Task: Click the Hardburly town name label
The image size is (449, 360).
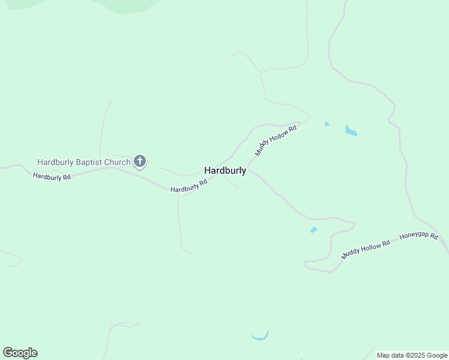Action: point(225,170)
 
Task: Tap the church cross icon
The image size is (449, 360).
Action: point(140,161)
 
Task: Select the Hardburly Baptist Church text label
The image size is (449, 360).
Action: point(83,162)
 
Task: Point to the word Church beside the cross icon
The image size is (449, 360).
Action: point(117,162)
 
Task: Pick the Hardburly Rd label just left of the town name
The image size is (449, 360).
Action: point(188,185)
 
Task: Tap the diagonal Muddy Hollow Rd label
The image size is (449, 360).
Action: point(276,140)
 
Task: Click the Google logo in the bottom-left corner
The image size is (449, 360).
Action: point(20,353)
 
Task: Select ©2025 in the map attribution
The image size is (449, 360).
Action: point(416,355)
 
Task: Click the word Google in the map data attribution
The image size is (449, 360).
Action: point(437,355)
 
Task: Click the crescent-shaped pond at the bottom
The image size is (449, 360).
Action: point(259,337)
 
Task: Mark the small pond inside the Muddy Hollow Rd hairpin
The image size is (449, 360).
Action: point(313,230)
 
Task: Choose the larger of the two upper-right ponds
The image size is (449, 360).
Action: point(351,130)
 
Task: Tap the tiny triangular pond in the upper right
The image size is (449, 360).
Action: point(327,124)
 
